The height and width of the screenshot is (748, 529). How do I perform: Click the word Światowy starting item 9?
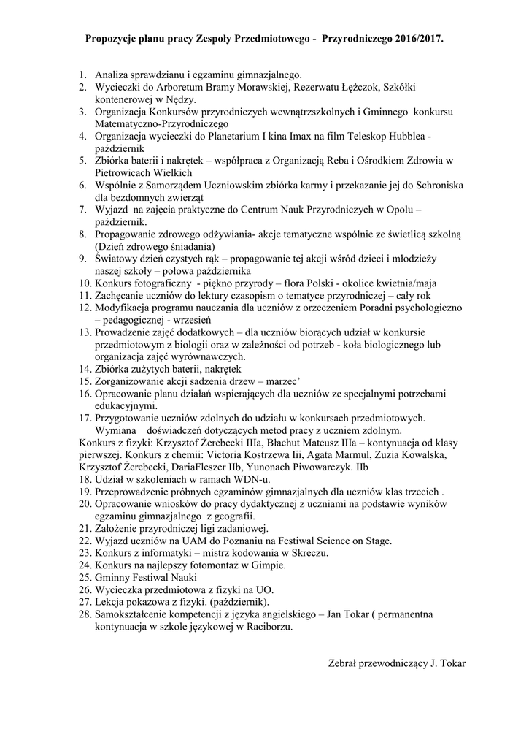[x=117, y=259]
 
